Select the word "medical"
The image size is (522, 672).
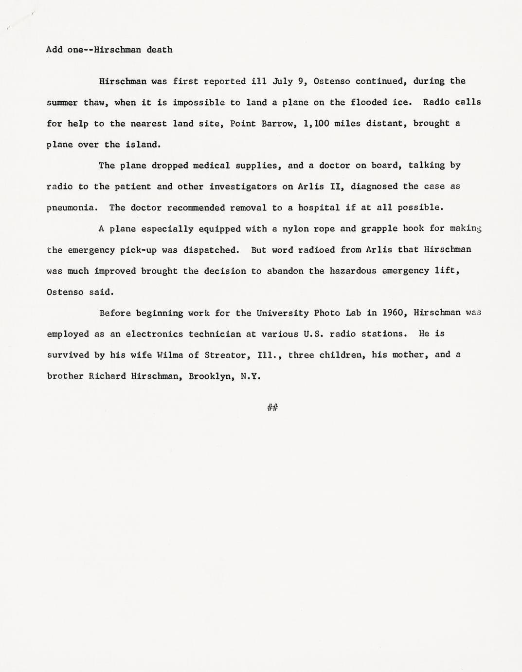tap(211, 166)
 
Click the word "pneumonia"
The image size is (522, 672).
tap(72, 208)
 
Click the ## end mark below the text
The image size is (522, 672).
tap(272, 408)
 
